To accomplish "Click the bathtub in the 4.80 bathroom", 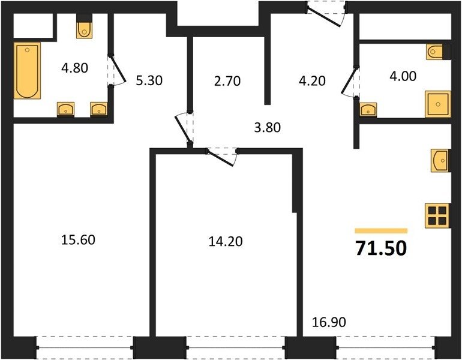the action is pos(27,71).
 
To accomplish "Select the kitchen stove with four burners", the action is pos(437,215).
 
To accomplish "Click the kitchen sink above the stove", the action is pos(440,161).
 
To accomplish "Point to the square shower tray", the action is pos(438,104).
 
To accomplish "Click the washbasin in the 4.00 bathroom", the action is pos(368,109).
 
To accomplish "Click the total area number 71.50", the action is pos(381,248).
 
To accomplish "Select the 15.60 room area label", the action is pos(78,239).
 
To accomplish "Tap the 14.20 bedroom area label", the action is pos(226,241).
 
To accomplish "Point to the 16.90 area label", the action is pos(329,322).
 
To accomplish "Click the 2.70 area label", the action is pos(227,81).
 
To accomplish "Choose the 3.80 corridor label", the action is pos(267,128).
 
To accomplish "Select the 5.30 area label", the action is pos(149,80).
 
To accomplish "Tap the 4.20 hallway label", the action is pos(312,80).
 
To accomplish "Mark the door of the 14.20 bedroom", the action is pos(221,157).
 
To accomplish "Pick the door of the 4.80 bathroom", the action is pos(116,71).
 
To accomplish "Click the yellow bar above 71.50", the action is pos(381,230).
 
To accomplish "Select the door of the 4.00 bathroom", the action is pos(350,82).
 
